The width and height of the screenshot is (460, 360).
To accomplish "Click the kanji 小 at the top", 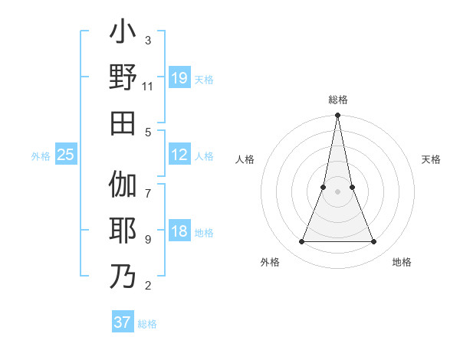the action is tap(123, 34).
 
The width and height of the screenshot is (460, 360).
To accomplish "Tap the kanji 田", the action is tap(123, 123).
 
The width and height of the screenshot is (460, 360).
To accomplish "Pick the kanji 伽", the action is tap(123, 185).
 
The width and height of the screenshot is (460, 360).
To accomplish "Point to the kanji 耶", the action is tap(123, 231).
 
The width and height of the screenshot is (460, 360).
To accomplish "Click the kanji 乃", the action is tap(123, 276).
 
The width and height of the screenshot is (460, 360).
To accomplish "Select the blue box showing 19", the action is tap(179, 78).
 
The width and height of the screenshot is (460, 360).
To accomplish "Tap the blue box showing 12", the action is tap(179, 155).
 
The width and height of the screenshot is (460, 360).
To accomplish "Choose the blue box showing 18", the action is tap(179, 232).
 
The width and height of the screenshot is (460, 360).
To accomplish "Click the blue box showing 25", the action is tap(65, 155).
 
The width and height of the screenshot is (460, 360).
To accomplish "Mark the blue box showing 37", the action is tap(123, 322).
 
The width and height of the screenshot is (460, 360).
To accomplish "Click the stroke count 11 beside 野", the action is tap(148, 87).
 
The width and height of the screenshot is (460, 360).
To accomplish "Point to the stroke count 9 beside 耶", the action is tap(148, 240).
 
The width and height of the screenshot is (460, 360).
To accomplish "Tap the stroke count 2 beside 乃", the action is tap(148, 286).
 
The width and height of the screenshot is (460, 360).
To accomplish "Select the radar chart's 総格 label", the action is tap(338, 100).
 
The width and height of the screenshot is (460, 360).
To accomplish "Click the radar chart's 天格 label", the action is tap(432, 159).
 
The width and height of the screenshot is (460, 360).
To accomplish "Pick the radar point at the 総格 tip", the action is tap(338, 116).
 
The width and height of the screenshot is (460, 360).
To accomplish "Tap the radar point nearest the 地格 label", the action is tap(374, 242).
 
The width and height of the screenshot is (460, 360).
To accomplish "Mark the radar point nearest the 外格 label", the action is tap(301, 242).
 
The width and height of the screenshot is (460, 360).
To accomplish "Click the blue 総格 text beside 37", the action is tap(147, 324).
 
